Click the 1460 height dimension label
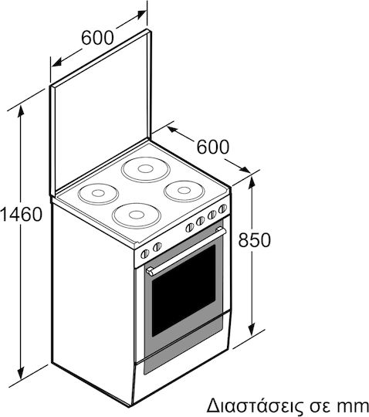click(x=22, y=214)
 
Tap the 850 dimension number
click(x=254, y=239)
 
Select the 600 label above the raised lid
click(x=97, y=38)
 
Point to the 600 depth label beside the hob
click(x=213, y=147)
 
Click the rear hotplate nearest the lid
click(x=146, y=169)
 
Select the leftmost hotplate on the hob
click(x=98, y=194)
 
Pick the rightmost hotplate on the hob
click(x=184, y=191)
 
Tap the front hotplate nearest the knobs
click(x=137, y=215)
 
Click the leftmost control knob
click(x=145, y=254)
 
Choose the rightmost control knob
click(x=222, y=208)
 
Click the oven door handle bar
click(x=186, y=250)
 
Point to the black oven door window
click(x=184, y=290)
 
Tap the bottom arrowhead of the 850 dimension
click(x=252, y=329)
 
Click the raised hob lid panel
click(x=101, y=112)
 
